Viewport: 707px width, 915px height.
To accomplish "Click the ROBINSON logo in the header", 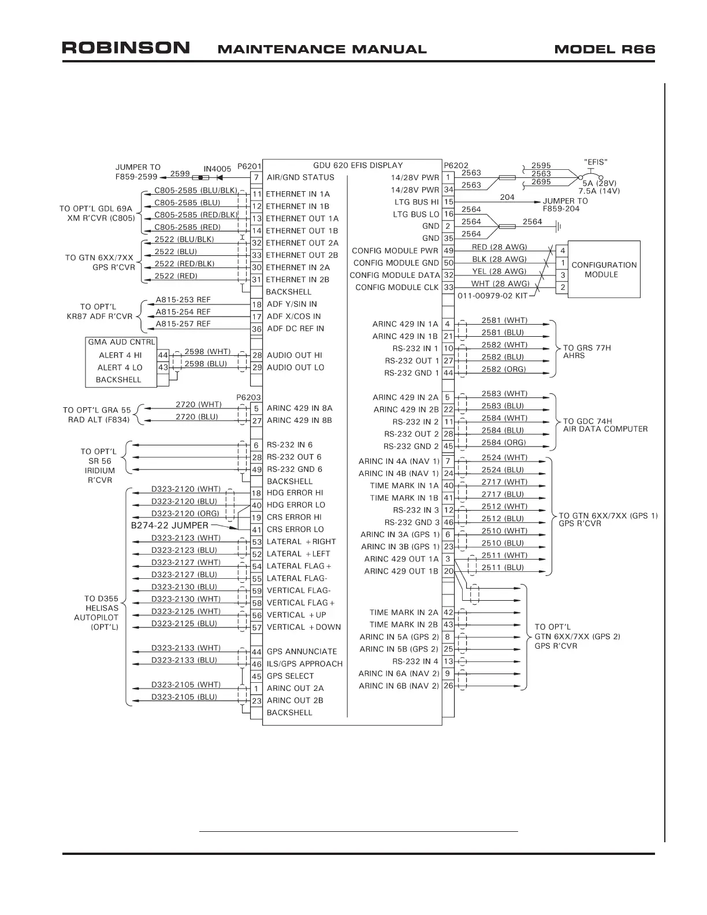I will [126, 47].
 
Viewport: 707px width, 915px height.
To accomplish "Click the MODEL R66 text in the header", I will [604, 49].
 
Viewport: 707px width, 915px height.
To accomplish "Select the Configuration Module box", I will [604, 269].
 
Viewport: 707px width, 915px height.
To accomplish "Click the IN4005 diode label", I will [217, 169].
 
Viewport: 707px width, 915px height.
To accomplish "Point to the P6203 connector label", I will [248, 397].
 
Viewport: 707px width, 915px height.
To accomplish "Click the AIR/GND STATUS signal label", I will [300, 177].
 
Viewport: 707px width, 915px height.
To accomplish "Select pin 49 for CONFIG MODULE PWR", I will [448, 251].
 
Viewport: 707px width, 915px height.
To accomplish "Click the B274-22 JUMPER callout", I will [170, 526].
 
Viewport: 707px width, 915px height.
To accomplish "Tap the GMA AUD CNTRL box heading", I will [121, 342].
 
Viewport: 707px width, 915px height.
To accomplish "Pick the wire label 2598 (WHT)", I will [207, 351].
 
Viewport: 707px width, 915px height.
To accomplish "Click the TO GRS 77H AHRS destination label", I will [586, 352].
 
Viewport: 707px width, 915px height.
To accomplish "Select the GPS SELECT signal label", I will [290, 676].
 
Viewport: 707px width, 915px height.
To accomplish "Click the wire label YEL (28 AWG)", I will [499, 271].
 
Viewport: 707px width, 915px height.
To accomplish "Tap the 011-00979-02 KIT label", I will [493, 296].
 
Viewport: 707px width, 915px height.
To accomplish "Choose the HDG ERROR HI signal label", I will [295, 493].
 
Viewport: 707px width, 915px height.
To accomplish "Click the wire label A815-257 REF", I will [183, 324].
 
